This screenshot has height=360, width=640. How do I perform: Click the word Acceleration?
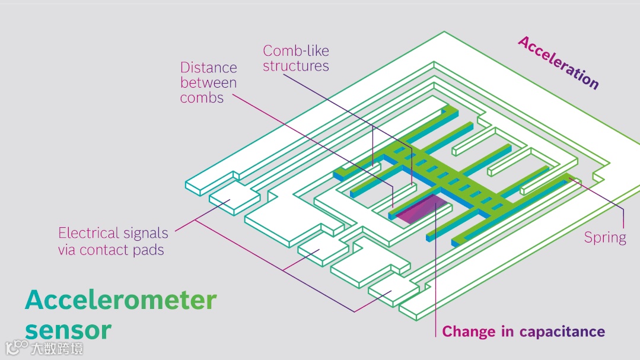click(x=558, y=62)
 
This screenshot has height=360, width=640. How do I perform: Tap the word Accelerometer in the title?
click(x=120, y=300)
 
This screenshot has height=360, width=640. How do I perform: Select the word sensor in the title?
click(x=68, y=330)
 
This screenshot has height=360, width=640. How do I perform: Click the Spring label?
click(x=605, y=238)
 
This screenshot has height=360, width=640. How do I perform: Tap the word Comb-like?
click(x=296, y=50)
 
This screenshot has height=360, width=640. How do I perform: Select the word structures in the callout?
click(x=296, y=66)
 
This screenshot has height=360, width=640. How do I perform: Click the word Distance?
click(x=208, y=68)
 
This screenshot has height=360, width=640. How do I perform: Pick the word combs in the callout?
click(x=202, y=98)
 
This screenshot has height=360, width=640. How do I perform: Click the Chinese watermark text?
click(x=57, y=348)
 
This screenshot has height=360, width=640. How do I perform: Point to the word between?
click(x=208, y=83)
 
